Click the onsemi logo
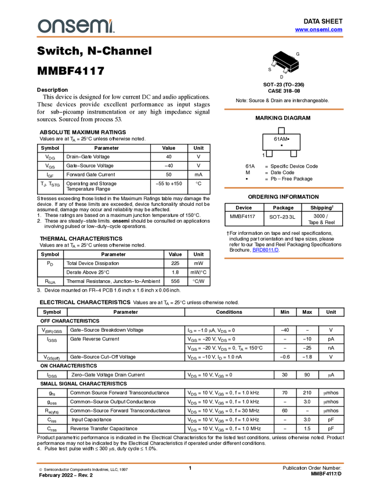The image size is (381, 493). pyautogui.click(x=77, y=26)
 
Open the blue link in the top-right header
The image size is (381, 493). pyautogui.click(x=318, y=30)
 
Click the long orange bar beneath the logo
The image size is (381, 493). pyautogui.click(x=190, y=37)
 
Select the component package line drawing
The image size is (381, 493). pyautogui.click(x=285, y=64)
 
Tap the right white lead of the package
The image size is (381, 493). pyautogui.click(x=286, y=71)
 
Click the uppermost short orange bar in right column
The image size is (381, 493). pyautogui.click(x=284, y=109)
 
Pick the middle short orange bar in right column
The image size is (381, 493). pyautogui.click(x=284, y=188)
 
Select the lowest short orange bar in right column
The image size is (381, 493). pyautogui.click(x=284, y=258)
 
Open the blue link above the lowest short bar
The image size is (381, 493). pyautogui.click(x=266, y=251)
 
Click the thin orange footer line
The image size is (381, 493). pyautogui.click(x=190, y=463)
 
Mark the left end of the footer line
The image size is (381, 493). pyautogui.click(x=36, y=463)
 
